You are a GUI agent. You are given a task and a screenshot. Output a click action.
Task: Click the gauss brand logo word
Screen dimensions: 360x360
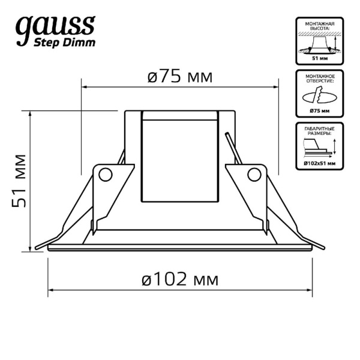tap(56, 27)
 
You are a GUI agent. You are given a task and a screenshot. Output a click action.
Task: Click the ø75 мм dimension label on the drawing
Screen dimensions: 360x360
tap(180, 77)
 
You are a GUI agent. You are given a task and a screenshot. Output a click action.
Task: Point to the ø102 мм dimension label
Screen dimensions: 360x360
tap(180, 279)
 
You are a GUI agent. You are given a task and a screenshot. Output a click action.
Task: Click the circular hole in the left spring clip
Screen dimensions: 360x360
tap(106, 175)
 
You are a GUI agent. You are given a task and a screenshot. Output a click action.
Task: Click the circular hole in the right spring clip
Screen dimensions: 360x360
tap(254, 175)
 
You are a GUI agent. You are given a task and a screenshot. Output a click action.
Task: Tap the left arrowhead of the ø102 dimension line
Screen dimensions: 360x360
tap(50, 290)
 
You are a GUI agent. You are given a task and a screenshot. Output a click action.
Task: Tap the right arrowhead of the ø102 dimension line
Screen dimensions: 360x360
tap(310, 290)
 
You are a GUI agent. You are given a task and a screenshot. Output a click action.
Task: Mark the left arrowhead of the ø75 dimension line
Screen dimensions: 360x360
tap(84, 87)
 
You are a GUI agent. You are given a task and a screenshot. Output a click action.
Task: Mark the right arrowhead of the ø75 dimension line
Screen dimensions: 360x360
tap(276, 87)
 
